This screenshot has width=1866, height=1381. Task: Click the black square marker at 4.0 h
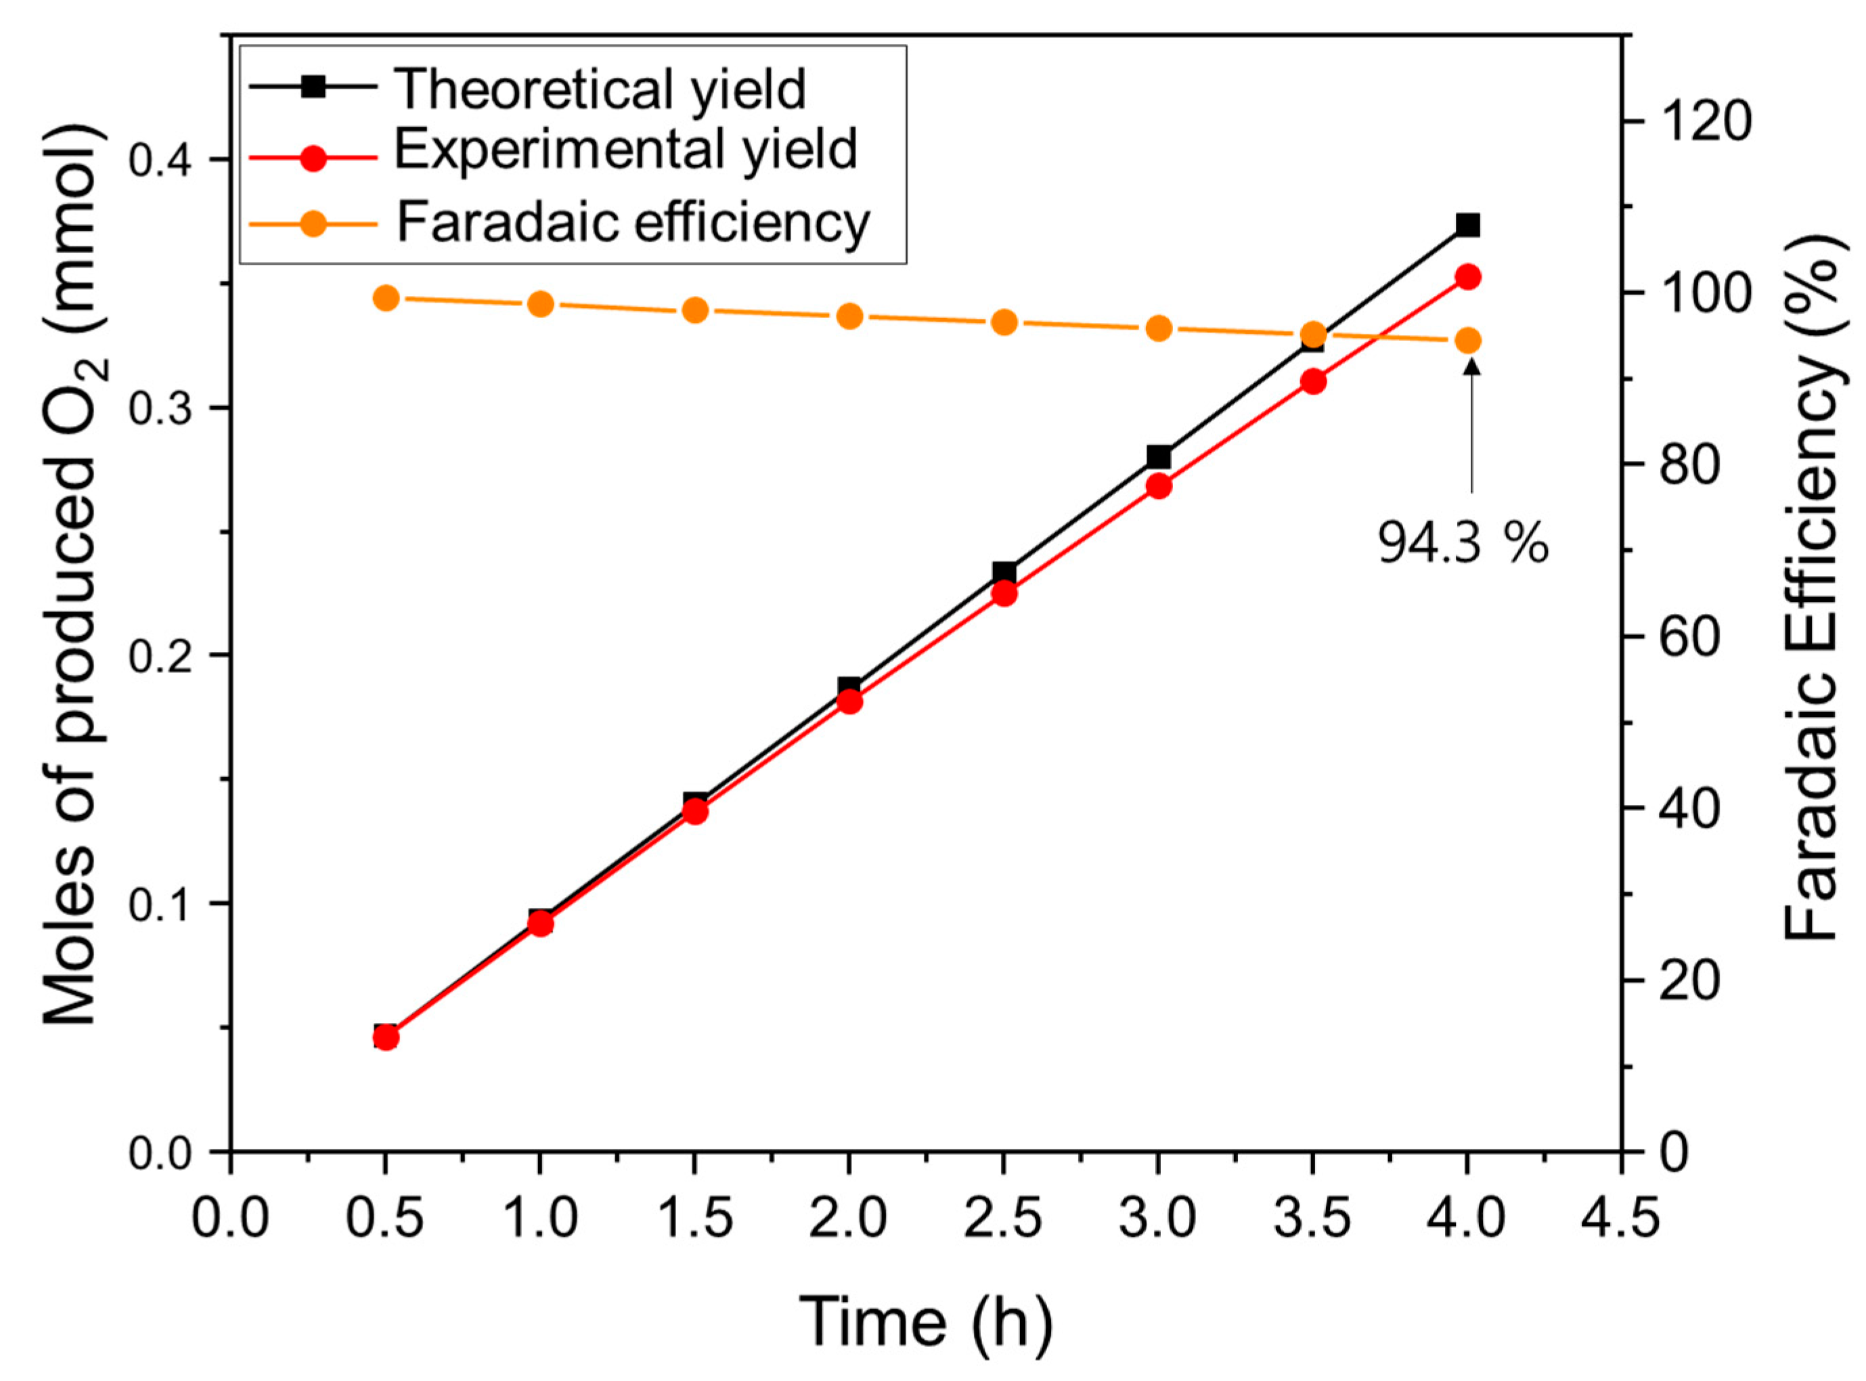pos(1467,225)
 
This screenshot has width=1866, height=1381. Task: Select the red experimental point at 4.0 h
pos(1467,277)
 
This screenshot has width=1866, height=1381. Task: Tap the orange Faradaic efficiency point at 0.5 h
pos(385,298)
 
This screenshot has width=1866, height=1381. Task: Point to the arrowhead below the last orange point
pos(1471,366)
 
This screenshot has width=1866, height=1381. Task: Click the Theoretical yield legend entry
pos(598,89)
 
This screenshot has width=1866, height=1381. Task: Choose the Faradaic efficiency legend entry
pos(631,221)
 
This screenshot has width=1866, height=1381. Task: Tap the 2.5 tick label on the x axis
pos(1003,1218)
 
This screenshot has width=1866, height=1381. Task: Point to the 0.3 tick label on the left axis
pos(166,408)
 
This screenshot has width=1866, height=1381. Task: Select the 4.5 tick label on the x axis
pos(1621,1218)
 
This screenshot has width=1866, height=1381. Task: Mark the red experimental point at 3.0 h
pos(1158,487)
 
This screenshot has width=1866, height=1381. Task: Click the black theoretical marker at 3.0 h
pos(1158,457)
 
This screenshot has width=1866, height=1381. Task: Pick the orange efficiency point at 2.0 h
pos(849,316)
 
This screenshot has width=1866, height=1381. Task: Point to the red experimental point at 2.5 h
pos(1004,594)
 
